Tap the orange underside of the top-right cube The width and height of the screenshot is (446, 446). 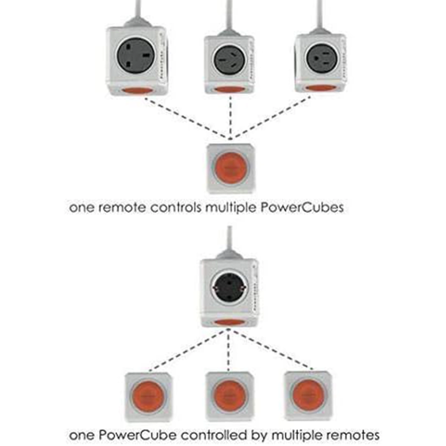coord(321,88)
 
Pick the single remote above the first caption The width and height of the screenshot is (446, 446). coord(229,168)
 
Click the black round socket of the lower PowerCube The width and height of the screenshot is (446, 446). coord(227,287)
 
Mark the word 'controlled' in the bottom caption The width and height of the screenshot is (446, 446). coord(206,435)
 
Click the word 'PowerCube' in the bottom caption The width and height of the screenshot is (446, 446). coord(128,435)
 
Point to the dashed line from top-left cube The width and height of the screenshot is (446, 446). coord(184,118)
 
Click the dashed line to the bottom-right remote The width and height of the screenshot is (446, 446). coord(273,349)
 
